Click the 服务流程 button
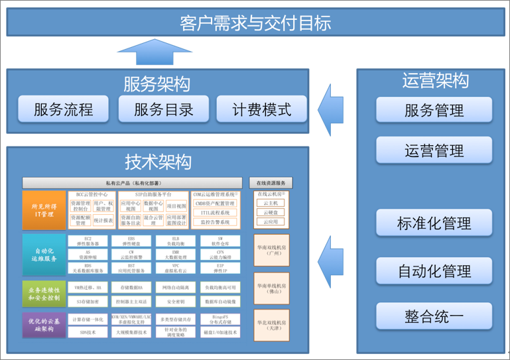click(x=64, y=109)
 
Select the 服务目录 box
click(x=163, y=109)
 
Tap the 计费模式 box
click(x=261, y=109)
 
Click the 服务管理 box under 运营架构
click(x=434, y=109)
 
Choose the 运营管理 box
click(x=434, y=150)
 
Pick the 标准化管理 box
click(x=434, y=223)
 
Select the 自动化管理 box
click(x=434, y=270)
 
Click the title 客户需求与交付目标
click(x=255, y=23)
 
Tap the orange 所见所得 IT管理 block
click(x=44, y=210)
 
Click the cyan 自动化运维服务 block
click(x=44, y=255)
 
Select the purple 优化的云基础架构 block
click(x=44, y=325)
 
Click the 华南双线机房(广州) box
click(x=271, y=251)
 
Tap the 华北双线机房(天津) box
click(x=271, y=326)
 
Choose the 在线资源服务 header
click(x=271, y=183)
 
